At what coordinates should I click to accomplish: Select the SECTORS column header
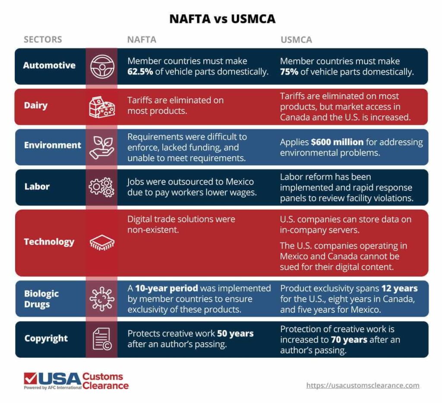(x=43, y=40)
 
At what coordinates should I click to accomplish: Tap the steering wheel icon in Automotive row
(x=102, y=66)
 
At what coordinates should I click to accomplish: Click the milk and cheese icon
(x=102, y=106)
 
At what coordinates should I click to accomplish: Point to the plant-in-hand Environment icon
(x=102, y=146)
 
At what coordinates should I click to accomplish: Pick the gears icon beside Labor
(x=102, y=187)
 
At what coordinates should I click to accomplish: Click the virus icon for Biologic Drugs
(x=102, y=299)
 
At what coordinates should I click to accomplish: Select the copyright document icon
(x=102, y=339)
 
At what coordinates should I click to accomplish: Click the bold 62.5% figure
(x=140, y=72)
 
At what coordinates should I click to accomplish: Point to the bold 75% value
(x=289, y=72)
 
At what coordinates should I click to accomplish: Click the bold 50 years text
(x=236, y=334)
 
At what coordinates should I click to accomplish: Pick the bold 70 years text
(x=349, y=340)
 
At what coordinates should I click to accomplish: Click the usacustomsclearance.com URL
(x=363, y=385)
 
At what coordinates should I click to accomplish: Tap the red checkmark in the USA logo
(x=30, y=378)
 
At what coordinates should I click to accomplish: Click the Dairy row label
(x=35, y=106)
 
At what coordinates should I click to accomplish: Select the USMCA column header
(x=296, y=40)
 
